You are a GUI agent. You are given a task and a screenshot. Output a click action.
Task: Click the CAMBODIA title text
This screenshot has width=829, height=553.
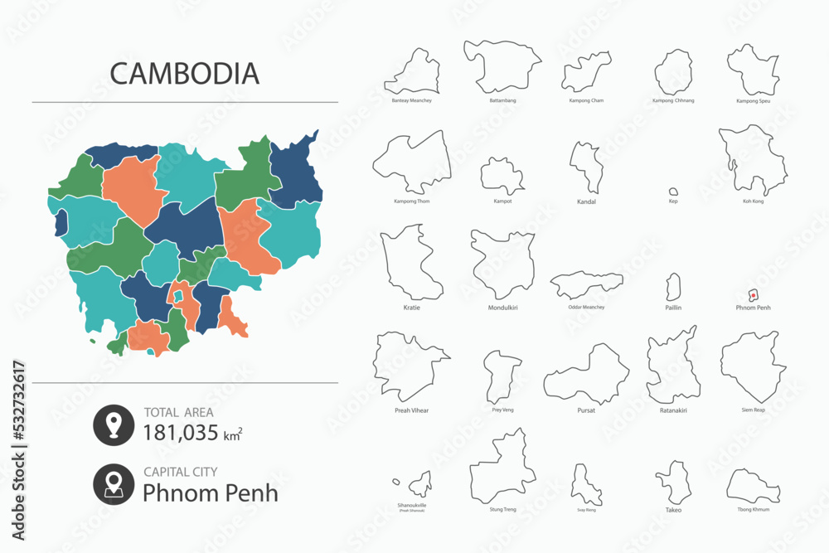pos(184,73)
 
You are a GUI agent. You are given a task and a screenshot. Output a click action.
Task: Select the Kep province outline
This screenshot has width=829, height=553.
pos(674,190)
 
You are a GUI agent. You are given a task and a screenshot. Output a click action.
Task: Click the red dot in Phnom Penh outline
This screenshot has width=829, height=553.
pos(752,294)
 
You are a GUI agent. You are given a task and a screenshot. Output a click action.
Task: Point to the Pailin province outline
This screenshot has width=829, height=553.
pos(673,288)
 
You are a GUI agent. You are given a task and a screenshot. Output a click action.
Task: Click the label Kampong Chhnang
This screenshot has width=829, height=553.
pos(673,100)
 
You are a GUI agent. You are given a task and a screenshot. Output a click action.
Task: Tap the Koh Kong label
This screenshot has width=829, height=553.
pos(754,201)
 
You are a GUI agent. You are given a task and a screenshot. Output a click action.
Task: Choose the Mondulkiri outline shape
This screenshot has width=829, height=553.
pos(502,264)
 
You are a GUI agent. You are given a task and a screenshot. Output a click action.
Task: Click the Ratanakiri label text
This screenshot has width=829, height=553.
pos(673,410)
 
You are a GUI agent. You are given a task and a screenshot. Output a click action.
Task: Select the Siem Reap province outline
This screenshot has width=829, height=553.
pos(753,366)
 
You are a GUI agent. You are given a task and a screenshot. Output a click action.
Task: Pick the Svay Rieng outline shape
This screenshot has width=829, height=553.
pos(586,485)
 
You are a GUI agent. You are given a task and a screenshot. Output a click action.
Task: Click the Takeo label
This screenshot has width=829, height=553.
pos(673,510)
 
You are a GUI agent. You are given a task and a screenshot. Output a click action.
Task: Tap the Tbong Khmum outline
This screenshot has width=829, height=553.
pos(753,486)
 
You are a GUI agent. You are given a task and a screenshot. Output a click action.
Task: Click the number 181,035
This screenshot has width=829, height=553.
pos(181,432)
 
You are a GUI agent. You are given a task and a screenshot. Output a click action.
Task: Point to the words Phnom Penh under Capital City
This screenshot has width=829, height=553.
pos(211,492)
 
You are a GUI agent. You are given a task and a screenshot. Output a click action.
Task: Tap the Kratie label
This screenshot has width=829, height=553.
pos(411,308)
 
